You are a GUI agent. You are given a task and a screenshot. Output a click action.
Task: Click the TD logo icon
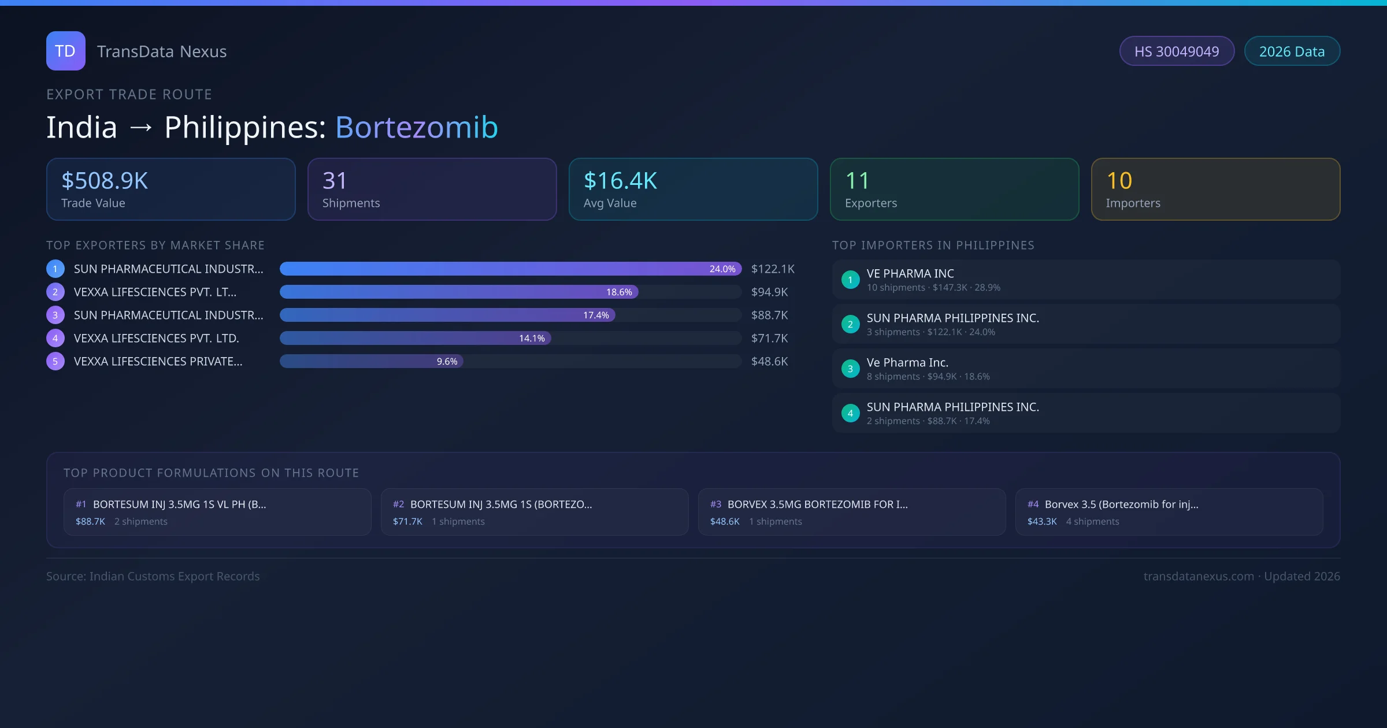point(66,51)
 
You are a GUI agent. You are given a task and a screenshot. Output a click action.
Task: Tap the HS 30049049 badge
point(1177,51)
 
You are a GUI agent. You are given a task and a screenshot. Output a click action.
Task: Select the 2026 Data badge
point(1292,51)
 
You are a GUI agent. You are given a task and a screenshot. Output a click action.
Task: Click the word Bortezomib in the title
point(416,127)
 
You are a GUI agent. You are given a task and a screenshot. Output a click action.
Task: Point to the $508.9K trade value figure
point(105,181)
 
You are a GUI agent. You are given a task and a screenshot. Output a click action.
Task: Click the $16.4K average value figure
point(620,181)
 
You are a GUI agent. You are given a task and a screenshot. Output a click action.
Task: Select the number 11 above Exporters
point(857,181)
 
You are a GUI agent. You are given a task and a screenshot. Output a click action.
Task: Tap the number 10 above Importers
point(1119,181)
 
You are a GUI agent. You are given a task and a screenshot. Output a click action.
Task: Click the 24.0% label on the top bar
point(722,269)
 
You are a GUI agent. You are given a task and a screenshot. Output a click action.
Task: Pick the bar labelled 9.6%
point(371,362)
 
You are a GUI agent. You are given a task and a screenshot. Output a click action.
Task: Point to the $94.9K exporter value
point(769,292)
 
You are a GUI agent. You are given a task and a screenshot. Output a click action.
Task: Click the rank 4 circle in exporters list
point(55,339)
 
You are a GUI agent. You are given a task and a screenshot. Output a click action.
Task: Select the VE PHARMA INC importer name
point(910,274)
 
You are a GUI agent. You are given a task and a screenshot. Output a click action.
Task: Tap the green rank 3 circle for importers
point(850,369)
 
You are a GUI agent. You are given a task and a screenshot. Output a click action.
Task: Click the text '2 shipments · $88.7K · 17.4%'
point(928,421)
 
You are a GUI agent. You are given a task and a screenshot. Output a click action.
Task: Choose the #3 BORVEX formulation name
point(817,504)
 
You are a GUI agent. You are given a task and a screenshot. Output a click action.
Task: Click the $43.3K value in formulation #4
point(1042,522)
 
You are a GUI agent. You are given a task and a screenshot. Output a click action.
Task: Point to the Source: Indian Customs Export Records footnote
point(153,577)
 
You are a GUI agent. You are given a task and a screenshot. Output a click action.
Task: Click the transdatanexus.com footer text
point(1199,577)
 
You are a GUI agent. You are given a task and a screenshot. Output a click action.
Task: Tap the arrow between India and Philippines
point(141,128)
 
